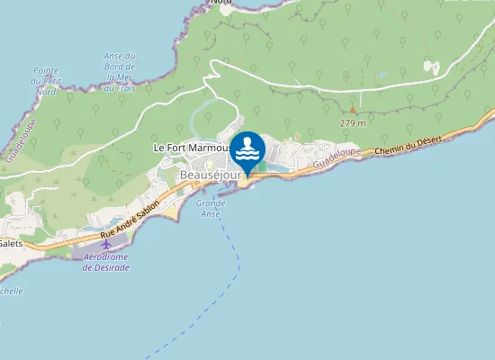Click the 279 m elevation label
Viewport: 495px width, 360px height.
pos(352,122)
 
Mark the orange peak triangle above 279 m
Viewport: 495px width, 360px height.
pos(352,111)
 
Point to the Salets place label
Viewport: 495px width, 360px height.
pos(11,243)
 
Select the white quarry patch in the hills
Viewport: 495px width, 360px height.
pos(433,67)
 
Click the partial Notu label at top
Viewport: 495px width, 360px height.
pos(220,3)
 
